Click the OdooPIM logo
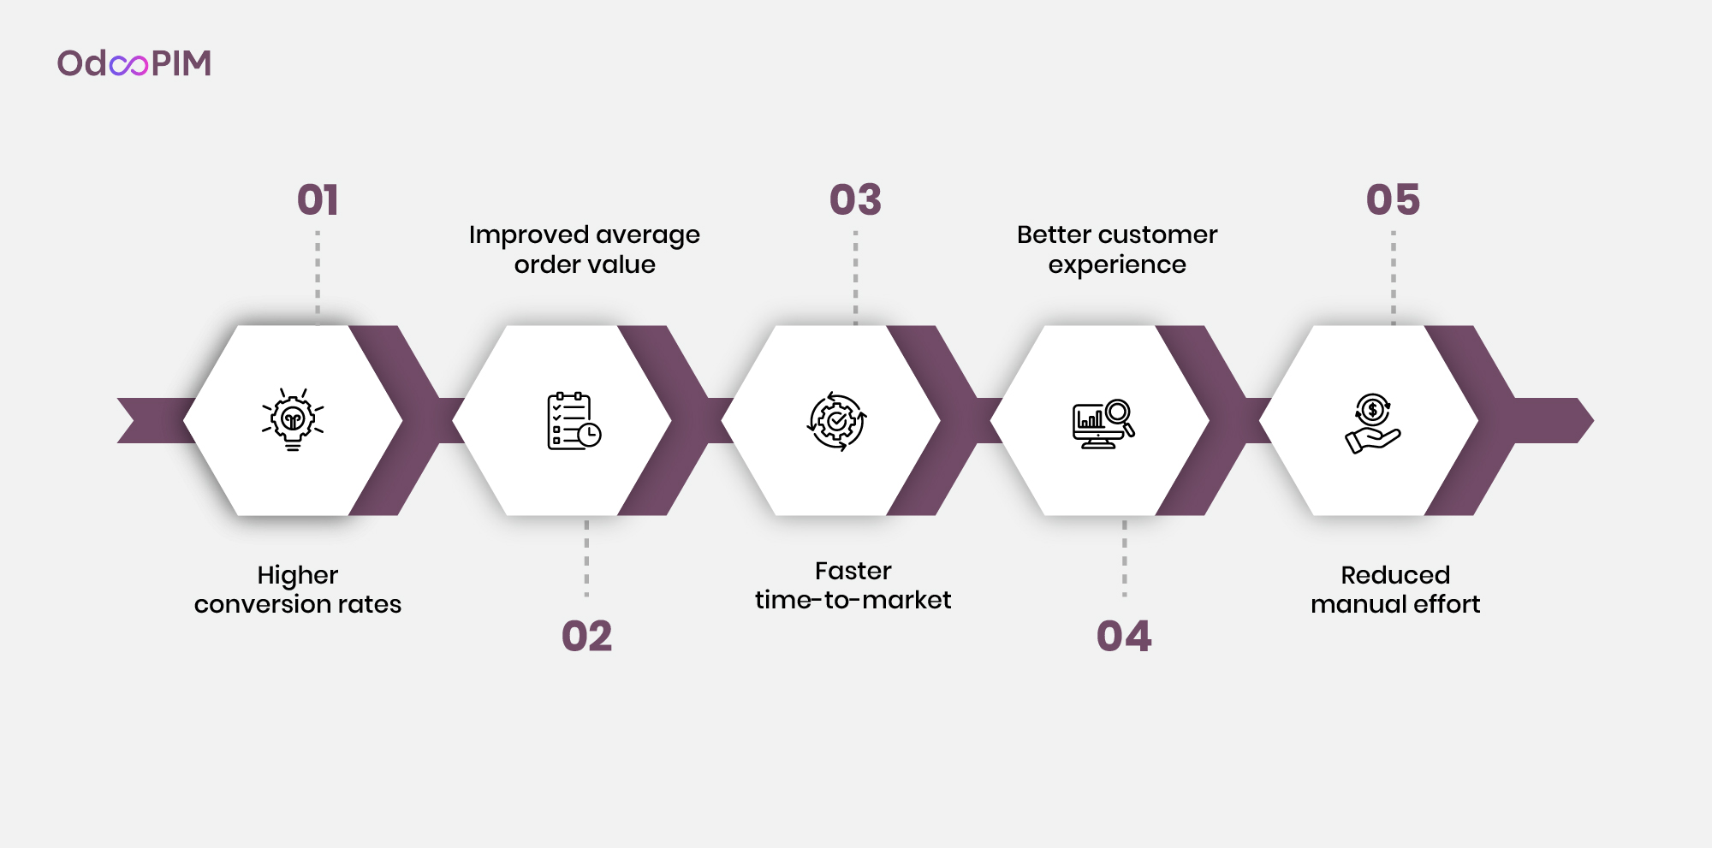click(x=134, y=63)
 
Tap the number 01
click(x=318, y=200)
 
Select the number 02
click(x=586, y=637)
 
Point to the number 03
click(x=855, y=200)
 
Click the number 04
click(x=1124, y=637)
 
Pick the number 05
click(x=1393, y=200)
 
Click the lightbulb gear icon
click(x=293, y=419)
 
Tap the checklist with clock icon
click(x=574, y=421)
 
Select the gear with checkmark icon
click(x=837, y=421)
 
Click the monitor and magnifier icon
click(x=1103, y=424)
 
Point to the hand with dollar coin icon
click(x=1372, y=424)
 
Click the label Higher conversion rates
click(x=298, y=590)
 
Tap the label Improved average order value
click(x=585, y=250)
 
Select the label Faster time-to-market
click(x=853, y=585)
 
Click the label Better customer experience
click(x=1117, y=250)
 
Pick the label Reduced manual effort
click(x=1395, y=590)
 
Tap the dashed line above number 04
click(x=1125, y=558)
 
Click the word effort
click(x=1447, y=604)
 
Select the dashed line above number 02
click(x=586, y=558)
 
